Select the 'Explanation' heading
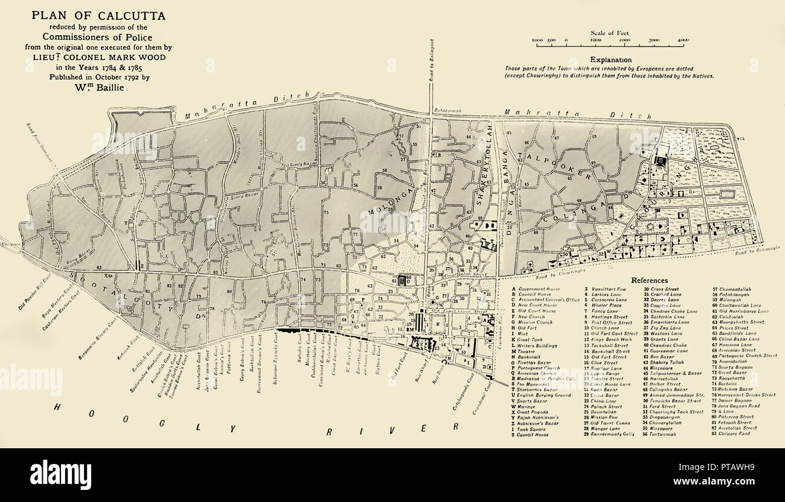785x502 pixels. coord(611,60)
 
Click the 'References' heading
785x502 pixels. coord(649,280)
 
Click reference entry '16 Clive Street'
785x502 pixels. coord(603,362)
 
